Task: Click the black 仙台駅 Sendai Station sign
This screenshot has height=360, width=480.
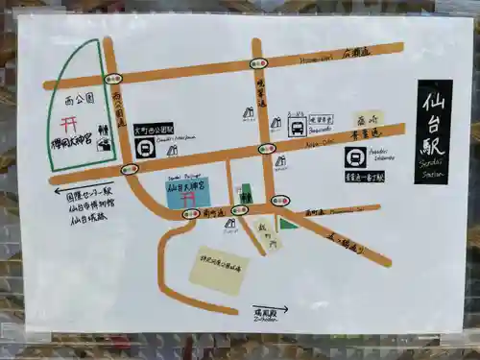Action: [x=434, y=132]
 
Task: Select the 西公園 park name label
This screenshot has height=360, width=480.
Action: [x=78, y=99]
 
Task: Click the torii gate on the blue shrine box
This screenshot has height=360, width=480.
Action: [x=188, y=196]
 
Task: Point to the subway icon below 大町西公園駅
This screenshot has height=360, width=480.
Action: [x=145, y=148]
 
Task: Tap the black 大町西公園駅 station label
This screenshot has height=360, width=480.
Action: [x=154, y=128]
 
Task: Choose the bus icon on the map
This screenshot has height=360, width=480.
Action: [x=298, y=127]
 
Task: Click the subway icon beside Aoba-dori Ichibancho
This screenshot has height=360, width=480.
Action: [x=356, y=156]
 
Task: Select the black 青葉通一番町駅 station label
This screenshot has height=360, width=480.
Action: [x=364, y=177]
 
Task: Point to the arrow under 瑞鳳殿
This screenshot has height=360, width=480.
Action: [x=288, y=309]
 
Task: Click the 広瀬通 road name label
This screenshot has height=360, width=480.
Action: [x=354, y=54]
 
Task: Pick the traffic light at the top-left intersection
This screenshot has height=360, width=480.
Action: [x=113, y=79]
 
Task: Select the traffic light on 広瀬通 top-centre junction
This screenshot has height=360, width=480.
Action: [x=258, y=63]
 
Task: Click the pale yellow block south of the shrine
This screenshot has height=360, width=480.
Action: [x=218, y=271]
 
